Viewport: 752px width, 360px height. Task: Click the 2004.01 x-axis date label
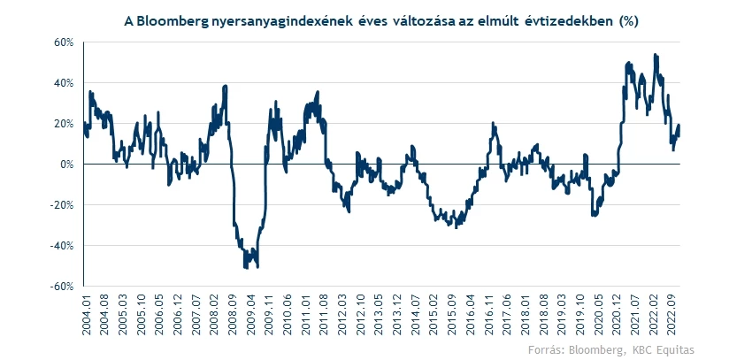[86, 316]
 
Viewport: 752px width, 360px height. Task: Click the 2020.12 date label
[619, 316]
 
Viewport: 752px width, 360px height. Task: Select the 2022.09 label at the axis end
[677, 316]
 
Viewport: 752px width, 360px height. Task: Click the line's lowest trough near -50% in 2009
[245, 266]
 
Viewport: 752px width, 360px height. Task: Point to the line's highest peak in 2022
[655, 55]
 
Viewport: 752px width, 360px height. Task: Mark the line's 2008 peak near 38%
[226, 86]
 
